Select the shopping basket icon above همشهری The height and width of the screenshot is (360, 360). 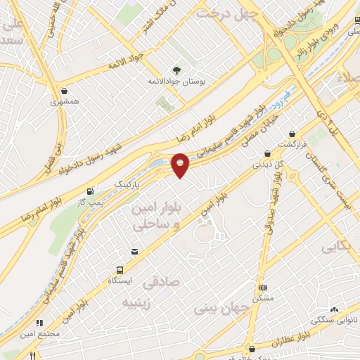point(65,91)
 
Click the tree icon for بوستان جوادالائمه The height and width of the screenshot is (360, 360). point(176,70)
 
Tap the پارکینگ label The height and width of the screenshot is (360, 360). point(128,183)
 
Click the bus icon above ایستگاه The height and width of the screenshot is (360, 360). point(120,269)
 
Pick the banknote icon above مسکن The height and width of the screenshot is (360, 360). point(263,288)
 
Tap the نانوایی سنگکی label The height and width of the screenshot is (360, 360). point(333,320)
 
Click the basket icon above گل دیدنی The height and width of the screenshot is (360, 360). point(267,154)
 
